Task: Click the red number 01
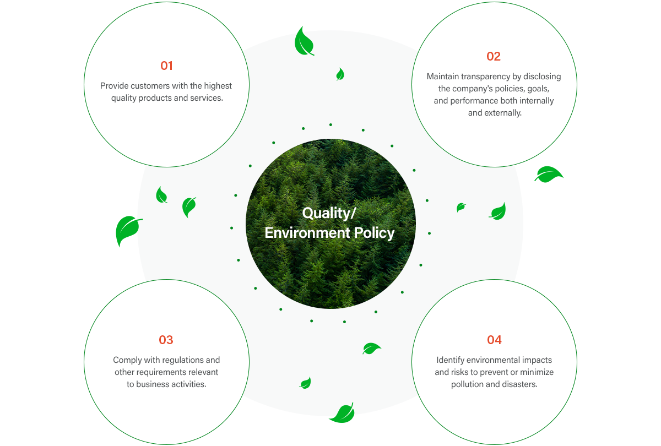[x=166, y=66]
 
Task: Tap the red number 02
[x=494, y=56]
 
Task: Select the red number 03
[x=166, y=340]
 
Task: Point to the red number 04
[x=494, y=340]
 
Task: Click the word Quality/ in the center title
[x=329, y=213]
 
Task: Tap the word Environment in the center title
[x=307, y=233]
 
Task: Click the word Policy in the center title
[x=374, y=233]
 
